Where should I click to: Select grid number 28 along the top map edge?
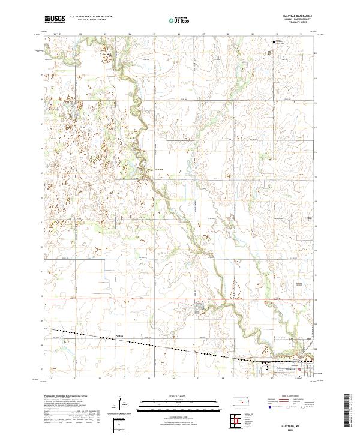tap(229, 34)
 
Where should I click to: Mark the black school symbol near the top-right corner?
tap(274, 42)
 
